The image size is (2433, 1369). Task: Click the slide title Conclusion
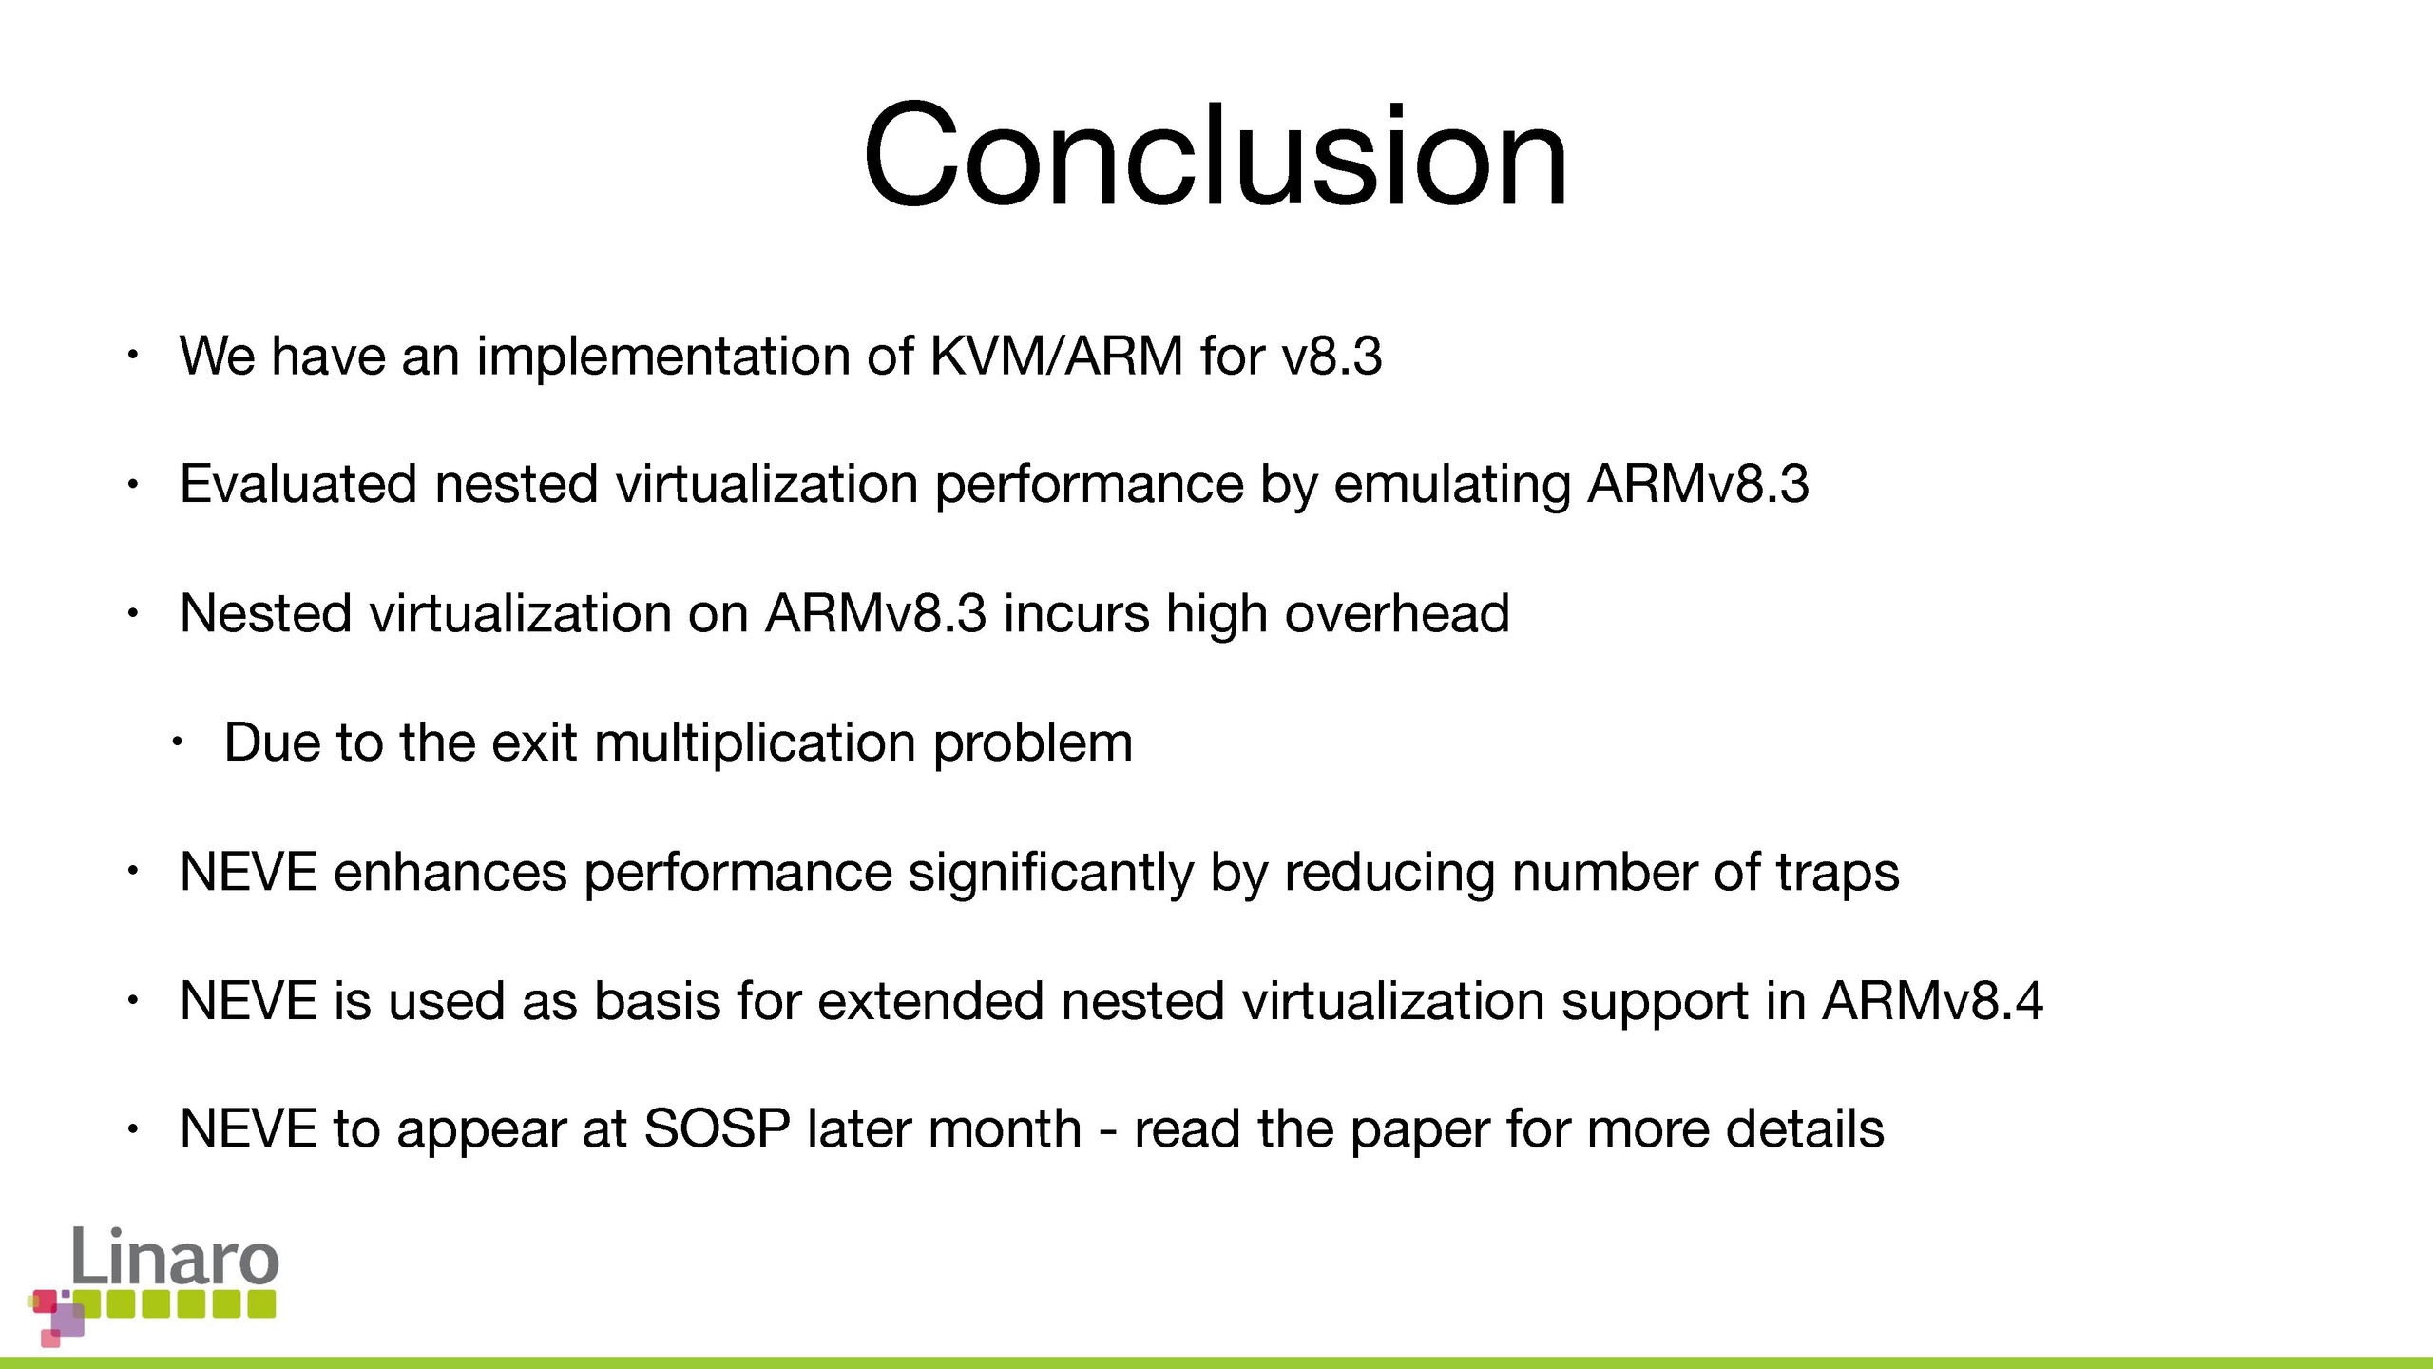coord(1215,155)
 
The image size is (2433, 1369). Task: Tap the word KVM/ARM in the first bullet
coord(1056,356)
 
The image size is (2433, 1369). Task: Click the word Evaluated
coord(298,483)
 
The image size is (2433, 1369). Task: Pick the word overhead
coord(1397,612)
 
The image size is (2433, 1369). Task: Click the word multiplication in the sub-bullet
coord(755,743)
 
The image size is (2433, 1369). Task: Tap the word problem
coord(1033,743)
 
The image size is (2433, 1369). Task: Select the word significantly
coord(1051,873)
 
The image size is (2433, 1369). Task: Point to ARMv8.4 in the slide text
coord(1932,1001)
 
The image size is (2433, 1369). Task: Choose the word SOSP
coord(717,1129)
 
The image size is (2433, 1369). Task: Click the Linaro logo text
coord(176,1256)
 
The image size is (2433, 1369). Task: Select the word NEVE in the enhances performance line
coord(248,872)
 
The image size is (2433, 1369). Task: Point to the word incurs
coord(1076,613)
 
